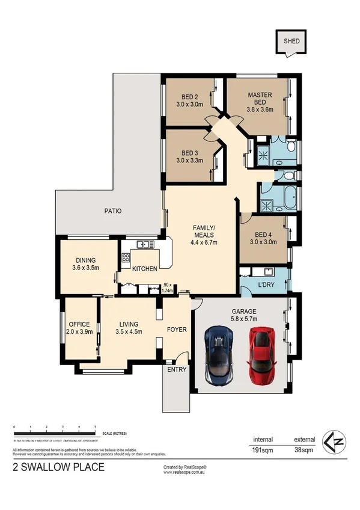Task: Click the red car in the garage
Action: [x=261, y=356]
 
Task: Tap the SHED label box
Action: [x=291, y=41]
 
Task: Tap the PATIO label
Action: [x=112, y=211]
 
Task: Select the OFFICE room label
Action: [x=79, y=328]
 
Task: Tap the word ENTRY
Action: [x=177, y=369]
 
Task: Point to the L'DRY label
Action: [x=266, y=284]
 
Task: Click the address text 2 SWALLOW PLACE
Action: [x=58, y=467]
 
